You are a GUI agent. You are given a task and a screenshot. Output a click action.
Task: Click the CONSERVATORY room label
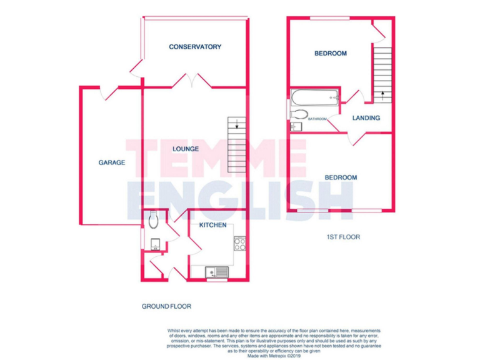tap(195, 47)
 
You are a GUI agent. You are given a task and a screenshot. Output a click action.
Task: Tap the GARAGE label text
tap(112, 162)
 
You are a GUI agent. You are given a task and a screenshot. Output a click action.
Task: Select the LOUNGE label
tap(186, 149)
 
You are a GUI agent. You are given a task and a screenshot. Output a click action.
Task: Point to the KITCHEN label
tap(212, 225)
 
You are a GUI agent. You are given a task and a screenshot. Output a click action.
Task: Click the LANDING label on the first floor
tap(366, 118)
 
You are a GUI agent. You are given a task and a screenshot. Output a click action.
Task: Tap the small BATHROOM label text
tap(317, 119)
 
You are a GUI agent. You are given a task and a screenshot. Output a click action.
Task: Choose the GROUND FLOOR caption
tap(166, 307)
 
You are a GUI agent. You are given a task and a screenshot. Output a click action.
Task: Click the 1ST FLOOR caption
tap(343, 237)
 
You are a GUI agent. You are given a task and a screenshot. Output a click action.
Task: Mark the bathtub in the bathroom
tap(314, 97)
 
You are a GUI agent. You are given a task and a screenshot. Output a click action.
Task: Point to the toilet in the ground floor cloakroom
tap(154, 220)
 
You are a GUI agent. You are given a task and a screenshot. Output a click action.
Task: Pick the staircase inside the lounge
tap(236, 144)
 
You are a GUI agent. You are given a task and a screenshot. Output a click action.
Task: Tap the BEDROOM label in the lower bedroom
tap(341, 178)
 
